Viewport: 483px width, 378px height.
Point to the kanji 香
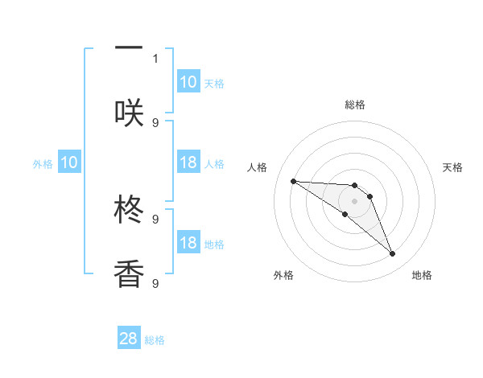pos(129,273)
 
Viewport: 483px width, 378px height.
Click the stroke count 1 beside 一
pos(155,58)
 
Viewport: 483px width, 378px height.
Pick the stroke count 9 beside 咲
pos(155,122)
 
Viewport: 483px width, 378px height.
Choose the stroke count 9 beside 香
pos(155,283)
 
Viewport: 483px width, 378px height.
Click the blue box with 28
pos(129,339)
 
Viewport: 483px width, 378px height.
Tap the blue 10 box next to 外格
pos(69,163)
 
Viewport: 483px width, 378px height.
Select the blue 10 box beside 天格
pos(188,82)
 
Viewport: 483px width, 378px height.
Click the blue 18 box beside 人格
pos(188,162)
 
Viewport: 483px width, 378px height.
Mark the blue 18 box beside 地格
pos(188,243)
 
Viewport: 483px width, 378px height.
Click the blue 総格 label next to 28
pos(155,340)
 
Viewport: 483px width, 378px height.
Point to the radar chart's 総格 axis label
pos(354,105)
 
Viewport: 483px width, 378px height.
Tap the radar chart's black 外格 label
pos(283,275)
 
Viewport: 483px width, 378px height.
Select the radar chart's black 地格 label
pos(422,275)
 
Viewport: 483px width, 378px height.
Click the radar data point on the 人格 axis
pos(293,181)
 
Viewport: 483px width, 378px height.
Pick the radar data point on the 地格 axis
pos(392,254)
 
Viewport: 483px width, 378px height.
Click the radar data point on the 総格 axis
pos(354,185)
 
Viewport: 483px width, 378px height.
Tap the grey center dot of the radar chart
pos(354,200)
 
